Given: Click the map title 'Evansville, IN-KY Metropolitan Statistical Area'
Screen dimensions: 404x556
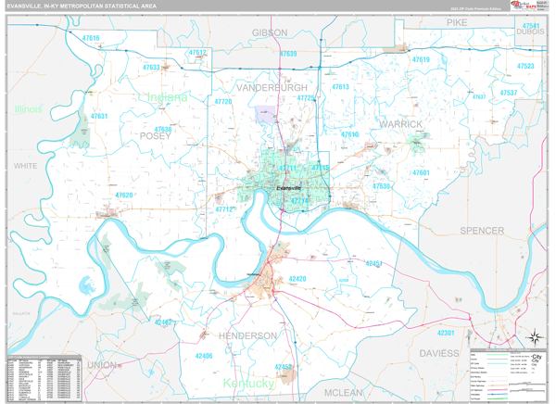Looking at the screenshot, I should (x=82, y=6).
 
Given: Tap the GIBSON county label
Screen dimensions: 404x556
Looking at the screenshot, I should (x=270, y=32).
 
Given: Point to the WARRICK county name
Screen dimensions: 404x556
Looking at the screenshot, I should (x=400, y=123).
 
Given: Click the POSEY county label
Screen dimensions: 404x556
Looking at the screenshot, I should (x=155, y=135).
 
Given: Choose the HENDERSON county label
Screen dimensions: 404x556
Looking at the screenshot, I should (x=247, y=335).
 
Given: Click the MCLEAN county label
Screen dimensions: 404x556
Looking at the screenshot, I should (x=344, y=392).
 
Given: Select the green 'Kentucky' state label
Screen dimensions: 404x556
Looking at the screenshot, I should (x=247, y=383).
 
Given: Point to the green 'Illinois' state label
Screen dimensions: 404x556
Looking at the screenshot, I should (x=28, y=109).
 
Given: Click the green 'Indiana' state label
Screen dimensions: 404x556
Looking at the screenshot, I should (x=165, y=96).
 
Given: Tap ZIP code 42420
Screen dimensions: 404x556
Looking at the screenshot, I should (x=297, y=279).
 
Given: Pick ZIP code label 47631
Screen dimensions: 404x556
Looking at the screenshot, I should (x=98, y=117).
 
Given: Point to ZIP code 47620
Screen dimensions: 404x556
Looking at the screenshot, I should (x=124, y=196).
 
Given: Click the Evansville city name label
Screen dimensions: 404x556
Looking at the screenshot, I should (x=289, y=189).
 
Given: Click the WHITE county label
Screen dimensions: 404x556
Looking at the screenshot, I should (x=24, y=166).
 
